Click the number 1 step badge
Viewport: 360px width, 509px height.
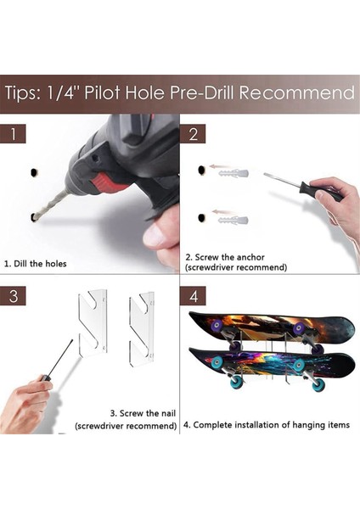(x=13, y=134)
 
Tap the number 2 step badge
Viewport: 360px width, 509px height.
(x=193, y=134)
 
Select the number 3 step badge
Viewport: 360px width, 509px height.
(x=13, y=296)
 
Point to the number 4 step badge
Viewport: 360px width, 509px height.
(x=193, y=296)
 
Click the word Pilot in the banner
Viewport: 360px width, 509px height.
(x=103, y=92)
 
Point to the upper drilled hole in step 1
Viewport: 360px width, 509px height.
(x=34, y=173)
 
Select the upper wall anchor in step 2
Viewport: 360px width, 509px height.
(x=234, y=173)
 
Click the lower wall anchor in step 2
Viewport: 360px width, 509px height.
(x=233, y=221)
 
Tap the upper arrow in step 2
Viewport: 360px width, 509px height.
(x=217, y=166)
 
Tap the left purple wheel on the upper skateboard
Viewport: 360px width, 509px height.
(x=216, y=325)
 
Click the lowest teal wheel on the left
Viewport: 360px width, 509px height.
(x=238, y=382)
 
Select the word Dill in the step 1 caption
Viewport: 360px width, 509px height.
(x=20, y=263)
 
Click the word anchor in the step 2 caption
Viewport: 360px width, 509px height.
(x=250, y=257)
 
